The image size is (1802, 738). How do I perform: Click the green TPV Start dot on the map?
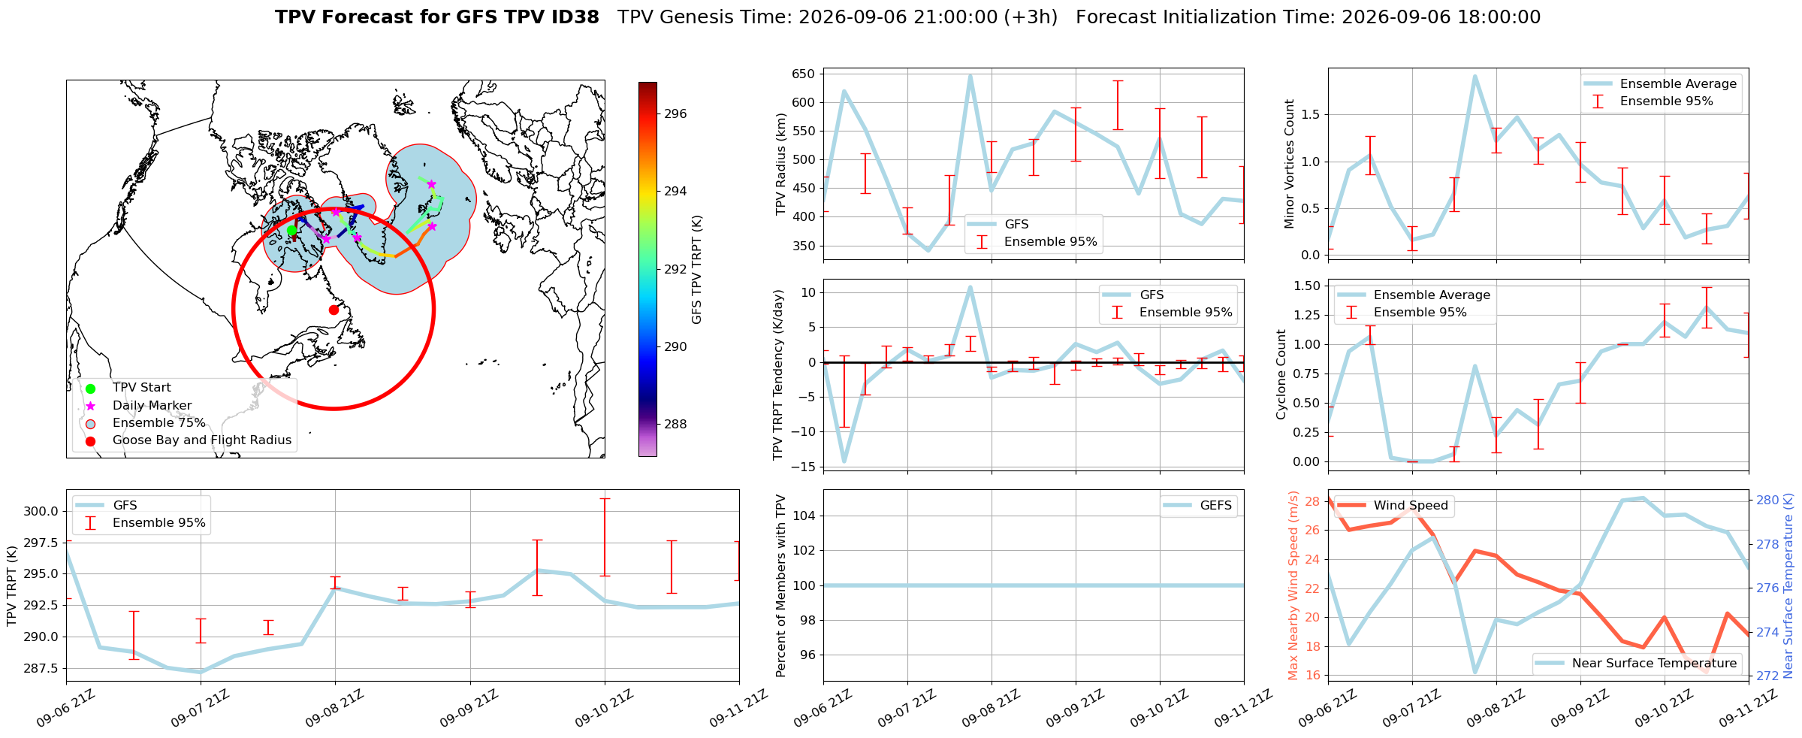[291, 231]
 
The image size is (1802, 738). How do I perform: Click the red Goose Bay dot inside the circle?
[334, 310]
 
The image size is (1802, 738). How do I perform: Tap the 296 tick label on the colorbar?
[675, 114]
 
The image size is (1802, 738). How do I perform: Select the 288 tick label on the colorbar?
[675, 425]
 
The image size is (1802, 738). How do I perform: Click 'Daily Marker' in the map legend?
[152, 405]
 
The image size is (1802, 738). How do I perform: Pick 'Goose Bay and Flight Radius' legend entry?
[202, 440]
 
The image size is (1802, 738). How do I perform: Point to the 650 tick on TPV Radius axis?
[803, 74]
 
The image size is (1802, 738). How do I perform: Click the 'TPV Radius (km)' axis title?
[781, 164]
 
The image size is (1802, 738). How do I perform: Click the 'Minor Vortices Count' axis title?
[1290, 164]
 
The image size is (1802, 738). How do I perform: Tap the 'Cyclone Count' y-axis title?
[1281, 374]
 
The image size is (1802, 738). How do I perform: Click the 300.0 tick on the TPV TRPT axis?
[44, 512]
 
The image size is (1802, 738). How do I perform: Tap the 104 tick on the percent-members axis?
[805, 516]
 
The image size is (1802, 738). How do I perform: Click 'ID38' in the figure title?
[575, 17]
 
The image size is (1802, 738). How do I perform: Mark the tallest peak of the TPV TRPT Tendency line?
[970, 286]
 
